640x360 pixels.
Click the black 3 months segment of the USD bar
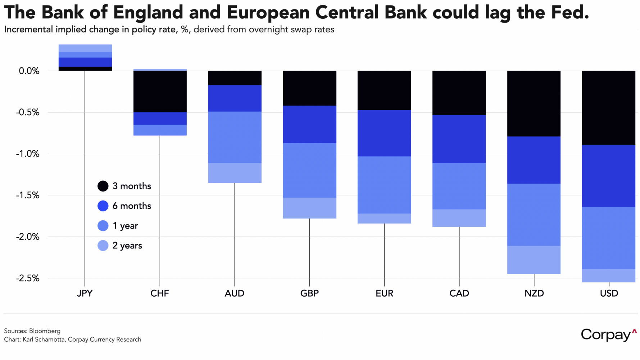[x=608, y=108]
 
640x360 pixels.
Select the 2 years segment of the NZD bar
[x=534, y=260]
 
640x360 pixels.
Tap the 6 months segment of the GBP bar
[x=309, y=124]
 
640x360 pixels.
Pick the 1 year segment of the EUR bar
[x=384, y=185]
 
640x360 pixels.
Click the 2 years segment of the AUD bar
[x=235, y=173]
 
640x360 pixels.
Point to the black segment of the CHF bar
[x=160, y=91]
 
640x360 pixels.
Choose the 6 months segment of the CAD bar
[x=459, y=139]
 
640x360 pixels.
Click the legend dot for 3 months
[x=103, y=186]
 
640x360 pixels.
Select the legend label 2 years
[x=127, y=246]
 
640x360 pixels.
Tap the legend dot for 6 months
[x=103, y=206]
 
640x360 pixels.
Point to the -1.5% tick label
[x=28, y=195]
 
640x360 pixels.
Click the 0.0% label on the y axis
[x=29, y=71]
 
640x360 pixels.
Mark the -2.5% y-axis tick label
[x=28, y=278]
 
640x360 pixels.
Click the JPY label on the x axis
[x=85, y=293]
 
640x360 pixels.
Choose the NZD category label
[x=534, y=293]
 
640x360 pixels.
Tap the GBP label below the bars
[x=309, y=293]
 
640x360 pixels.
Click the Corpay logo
[x=608, y=335]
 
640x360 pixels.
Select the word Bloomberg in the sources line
[x=45, y=331]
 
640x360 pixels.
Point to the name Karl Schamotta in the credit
[x=44, y=339]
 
